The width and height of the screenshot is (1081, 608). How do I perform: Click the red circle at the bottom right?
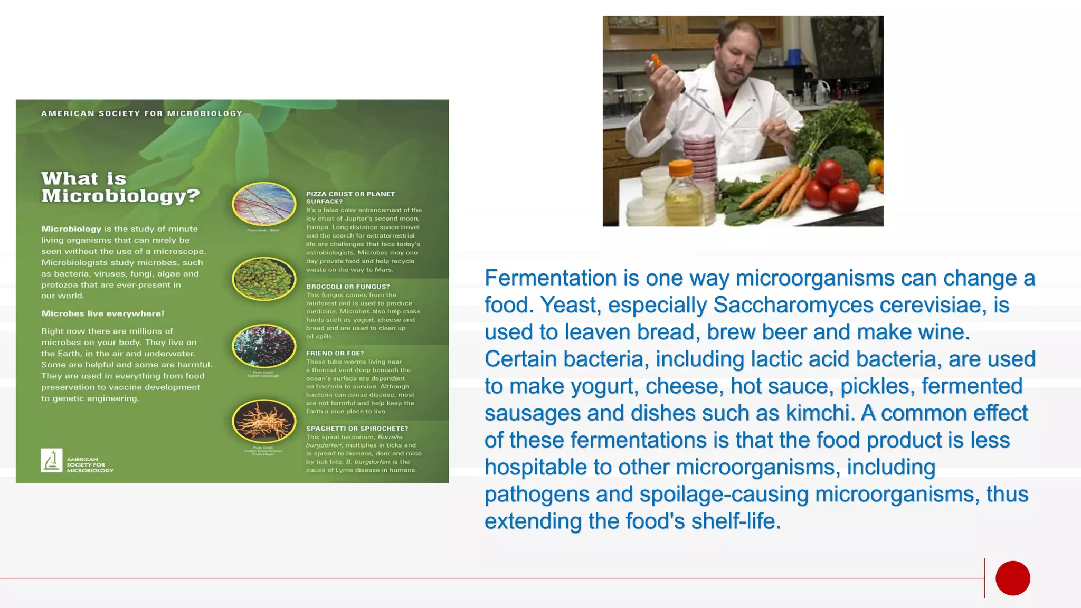tap(1012, 578)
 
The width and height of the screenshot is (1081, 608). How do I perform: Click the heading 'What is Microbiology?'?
tap(120, 187)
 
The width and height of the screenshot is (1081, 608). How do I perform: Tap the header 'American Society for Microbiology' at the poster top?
tap(141, 113)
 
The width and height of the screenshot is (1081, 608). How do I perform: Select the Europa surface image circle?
tap(264, 204)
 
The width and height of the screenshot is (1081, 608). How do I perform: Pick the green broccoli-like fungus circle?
tap(264, 279)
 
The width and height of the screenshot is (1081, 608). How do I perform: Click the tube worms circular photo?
tap(264, 346)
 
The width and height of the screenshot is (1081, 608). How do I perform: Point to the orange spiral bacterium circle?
tap(264, 421)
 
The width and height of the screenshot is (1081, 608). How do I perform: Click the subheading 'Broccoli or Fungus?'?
tap(348, 287)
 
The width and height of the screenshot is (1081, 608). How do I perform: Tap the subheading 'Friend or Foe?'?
tap(335, 353)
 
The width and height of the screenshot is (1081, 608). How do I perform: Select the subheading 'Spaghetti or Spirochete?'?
tap(357, 429)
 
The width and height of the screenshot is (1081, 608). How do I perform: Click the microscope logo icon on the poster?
tap(52, 460)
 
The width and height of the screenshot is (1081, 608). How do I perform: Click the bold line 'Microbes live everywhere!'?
tap(102, 313)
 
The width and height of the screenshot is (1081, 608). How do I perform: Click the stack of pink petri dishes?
tap(700, 154)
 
